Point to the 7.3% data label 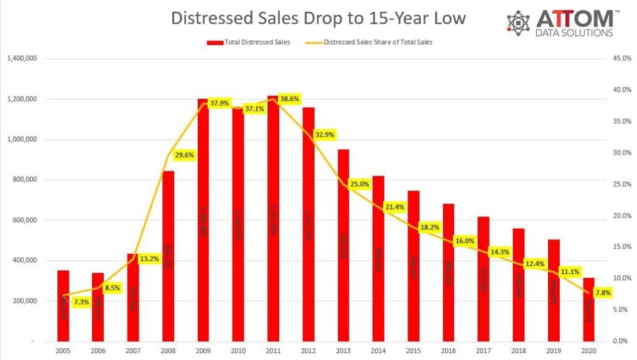(x=81, y=302)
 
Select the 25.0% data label (x=360, y=184)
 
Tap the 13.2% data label (x=149, y=258)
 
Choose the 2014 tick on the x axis (x=378, y=351)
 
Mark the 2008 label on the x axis (x=168, y=351)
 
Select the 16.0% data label (x=465, y=241)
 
